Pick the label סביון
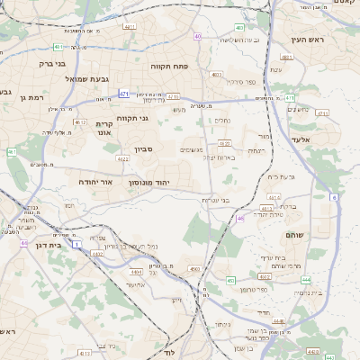146,148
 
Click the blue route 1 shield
77,244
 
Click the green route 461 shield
12,152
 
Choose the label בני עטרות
214,200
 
